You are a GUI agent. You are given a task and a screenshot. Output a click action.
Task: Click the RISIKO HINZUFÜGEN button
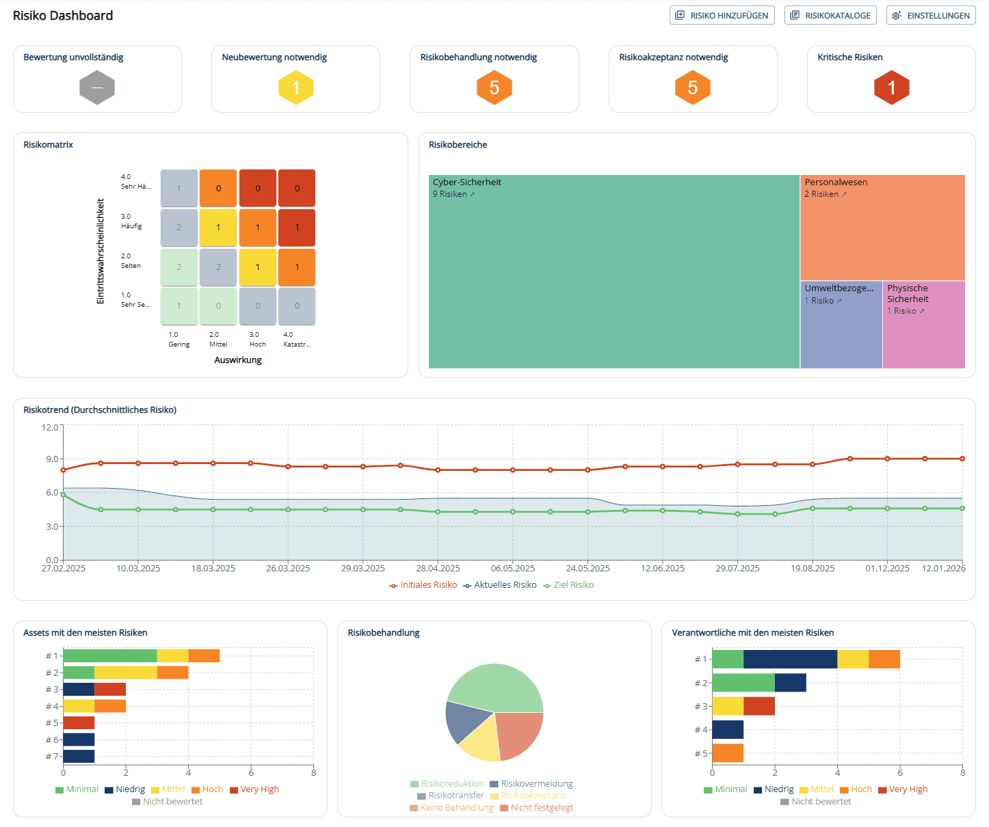coord(722,15)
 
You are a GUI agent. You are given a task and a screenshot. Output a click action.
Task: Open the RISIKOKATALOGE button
coord(831,15)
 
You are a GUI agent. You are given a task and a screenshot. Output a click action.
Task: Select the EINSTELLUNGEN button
coord(931,15)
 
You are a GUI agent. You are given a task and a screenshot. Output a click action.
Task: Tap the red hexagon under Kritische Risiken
coord(891,87)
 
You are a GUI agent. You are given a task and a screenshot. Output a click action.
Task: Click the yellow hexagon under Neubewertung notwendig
coord(295,87)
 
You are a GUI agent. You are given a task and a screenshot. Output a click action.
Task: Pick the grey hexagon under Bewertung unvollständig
coord(97,87)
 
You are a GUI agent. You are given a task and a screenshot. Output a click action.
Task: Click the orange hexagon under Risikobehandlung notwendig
coord(494,87)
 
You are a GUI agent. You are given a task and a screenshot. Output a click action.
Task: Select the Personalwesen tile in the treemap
coord(882,232)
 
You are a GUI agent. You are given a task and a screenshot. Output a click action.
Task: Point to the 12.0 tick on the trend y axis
coord(50,427)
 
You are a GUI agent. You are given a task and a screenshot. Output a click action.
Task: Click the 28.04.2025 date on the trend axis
coord(438,569)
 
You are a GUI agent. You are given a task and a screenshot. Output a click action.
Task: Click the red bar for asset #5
coord(79,722)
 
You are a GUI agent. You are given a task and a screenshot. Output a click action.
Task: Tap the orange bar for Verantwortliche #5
coord(728,753)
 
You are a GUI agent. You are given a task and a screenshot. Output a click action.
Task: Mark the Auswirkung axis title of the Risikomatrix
coord(238,360)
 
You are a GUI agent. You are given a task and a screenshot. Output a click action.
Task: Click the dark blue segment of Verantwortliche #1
coord(790,659)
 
